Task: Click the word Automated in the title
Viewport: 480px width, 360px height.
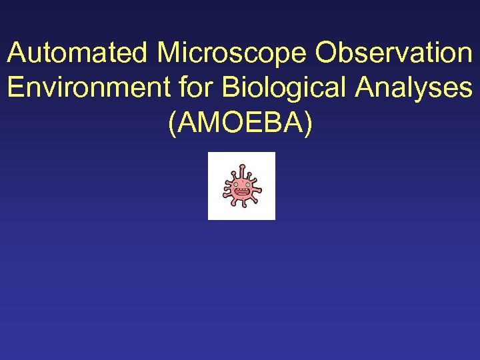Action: tap(79, 53)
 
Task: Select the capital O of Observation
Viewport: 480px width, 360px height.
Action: tap(329, 53)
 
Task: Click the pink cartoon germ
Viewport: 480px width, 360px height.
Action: tap(241, 187)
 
